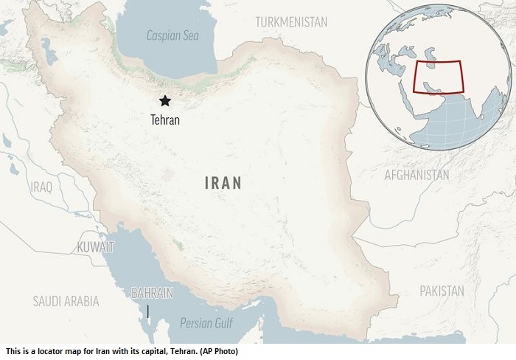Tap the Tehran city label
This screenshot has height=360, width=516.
[164, 118]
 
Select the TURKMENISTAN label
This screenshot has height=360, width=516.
[291, 22]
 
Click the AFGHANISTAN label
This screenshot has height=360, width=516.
[416, 175]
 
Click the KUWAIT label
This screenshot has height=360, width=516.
[95, 246]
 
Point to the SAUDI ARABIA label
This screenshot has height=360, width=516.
[66, 300]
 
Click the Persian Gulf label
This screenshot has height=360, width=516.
[207, 322]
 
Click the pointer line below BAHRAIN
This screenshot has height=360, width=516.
[148, 311]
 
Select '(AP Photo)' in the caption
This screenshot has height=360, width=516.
[218, 351]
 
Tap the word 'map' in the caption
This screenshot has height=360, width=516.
[74, 351]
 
